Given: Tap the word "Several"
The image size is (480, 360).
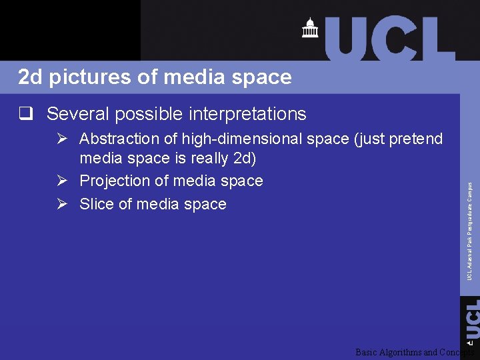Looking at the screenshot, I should point(77,114).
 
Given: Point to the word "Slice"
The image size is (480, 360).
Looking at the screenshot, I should point(96,204).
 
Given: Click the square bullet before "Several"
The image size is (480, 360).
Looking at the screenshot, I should point(26,114).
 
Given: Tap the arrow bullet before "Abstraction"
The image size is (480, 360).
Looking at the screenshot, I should point(62,139).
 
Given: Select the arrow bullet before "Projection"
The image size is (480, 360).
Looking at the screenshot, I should point(62,181).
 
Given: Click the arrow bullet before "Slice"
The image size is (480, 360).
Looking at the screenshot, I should point(62,204).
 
